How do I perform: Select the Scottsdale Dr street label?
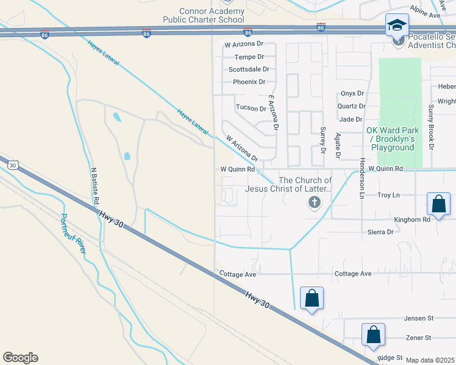[x=247, y=69]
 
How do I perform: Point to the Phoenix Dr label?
[x=249, y=82]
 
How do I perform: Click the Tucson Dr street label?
[x=251, y=108]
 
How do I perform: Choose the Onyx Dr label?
[x=352, y=93]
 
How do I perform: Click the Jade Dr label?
[x=351, y=119]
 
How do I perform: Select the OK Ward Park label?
[x=390, y=139]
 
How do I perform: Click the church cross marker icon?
[x=315, y=203]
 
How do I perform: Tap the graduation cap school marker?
[x=397, y=26]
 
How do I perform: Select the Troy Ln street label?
[x=388, y=195]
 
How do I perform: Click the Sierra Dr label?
[x=380, y=232]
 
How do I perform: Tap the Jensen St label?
[x=418, y=318]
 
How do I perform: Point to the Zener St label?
[x=418, y=338]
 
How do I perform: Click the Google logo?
[x=20, y=358]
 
